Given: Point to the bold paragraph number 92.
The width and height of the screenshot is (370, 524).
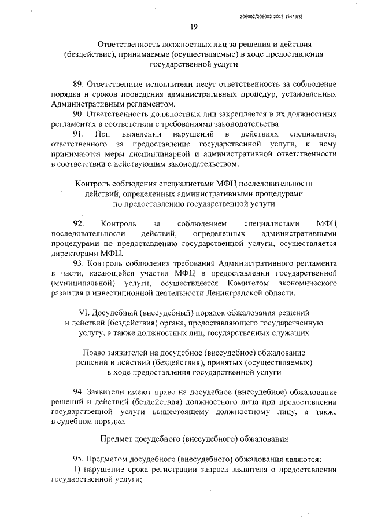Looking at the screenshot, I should pos(78,223).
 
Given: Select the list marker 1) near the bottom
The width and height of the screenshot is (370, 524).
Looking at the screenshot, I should pos(77,468).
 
